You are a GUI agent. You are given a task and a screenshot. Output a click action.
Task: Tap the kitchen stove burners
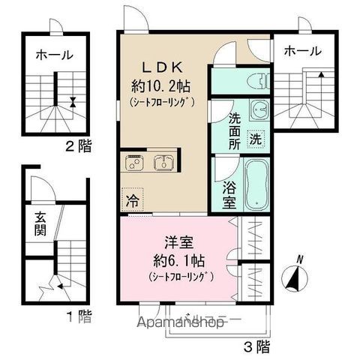[135, 162]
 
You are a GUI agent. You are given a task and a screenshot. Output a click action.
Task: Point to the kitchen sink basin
[164, 162]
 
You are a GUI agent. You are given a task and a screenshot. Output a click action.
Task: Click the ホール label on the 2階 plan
[52, 55]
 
